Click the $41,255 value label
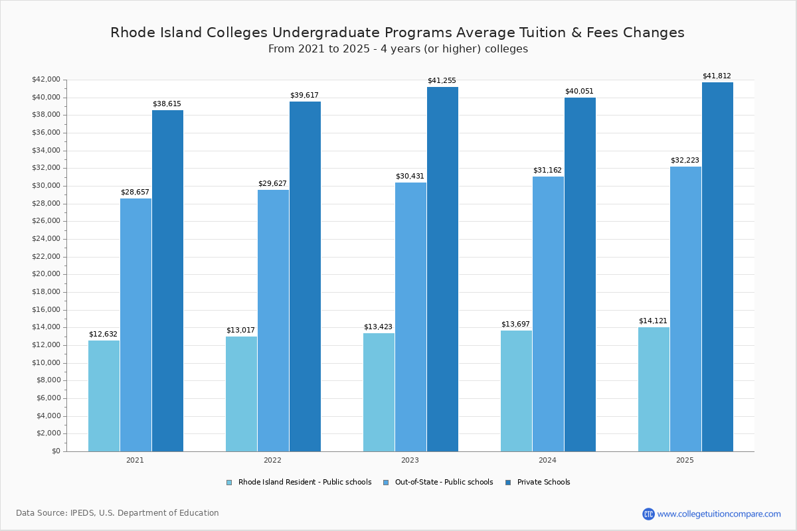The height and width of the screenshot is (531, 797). coord(442,81)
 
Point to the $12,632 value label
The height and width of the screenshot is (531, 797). coord(103,335)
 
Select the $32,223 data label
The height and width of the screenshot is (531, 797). coord(685,161)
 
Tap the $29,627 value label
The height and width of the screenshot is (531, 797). coord(272,184)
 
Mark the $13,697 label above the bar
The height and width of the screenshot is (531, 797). coord(515,325)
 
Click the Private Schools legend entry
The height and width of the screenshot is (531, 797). coord(543,483)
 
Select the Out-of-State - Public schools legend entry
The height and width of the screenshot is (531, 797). coord(443,483)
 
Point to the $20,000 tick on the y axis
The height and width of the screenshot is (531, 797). coord(46,274)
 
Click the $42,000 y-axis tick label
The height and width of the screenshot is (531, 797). coord(46,80)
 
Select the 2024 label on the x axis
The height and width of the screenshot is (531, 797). coord(547,460)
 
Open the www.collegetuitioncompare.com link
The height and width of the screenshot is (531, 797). coord(719,514)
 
